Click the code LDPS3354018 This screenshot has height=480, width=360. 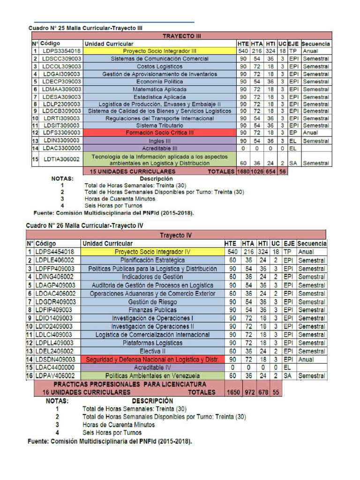(61, 51)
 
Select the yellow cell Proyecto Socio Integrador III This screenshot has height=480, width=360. (160, 51)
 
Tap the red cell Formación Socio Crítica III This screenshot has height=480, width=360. (160, 133)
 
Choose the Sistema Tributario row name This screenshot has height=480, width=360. (160, 126)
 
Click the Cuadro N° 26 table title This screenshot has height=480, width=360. (84, 225)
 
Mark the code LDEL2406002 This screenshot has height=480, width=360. (55, 351)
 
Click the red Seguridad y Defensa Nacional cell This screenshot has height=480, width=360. (152, 360)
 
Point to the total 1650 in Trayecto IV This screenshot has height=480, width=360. (233, 392)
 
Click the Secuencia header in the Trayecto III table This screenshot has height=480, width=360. (315, 44)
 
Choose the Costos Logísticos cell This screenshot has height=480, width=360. (160, 67)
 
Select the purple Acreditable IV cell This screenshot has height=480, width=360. (152, 367)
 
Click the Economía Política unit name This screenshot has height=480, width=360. (160, 82)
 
